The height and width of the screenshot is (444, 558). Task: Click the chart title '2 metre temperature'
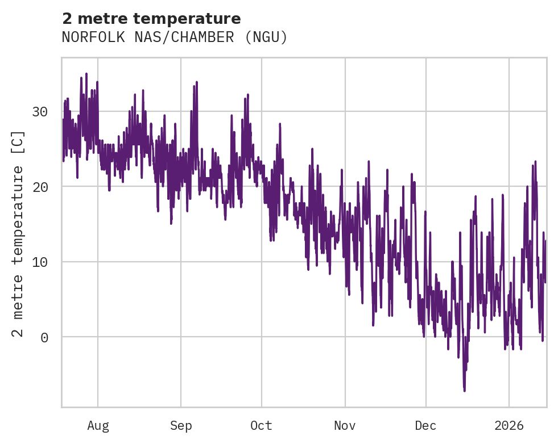pyautogui.click(x=151, y=19)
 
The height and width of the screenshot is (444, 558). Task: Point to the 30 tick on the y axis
pyautogui.click(x=40, y=112)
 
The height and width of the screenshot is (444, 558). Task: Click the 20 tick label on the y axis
pyautogui.click(x=40, y=187)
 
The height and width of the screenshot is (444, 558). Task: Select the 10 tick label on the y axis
pyautogui.click(x=40, y=262)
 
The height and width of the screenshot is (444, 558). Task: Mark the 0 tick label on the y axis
pyautogui.click(x=44, y=337)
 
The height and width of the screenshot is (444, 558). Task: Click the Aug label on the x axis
pyautogui.click(x=98, y=426)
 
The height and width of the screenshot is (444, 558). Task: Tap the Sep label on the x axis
pyautogui.click(x=181, y=426)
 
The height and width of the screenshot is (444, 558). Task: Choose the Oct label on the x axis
pyautogui.click(x=262, y=426)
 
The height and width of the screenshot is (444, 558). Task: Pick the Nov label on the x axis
pyautogui.click(x=345, y=426)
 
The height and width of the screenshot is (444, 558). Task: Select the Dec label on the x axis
pyautogui.click(x=425, y=426)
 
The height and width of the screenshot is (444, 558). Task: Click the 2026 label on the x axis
pyautogui.click(x=509, y=426)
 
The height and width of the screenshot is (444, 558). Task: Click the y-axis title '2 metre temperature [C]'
pyautogui.click(x=19, y=233)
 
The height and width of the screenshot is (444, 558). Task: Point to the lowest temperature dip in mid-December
pyautogui.click(x=464, y=390)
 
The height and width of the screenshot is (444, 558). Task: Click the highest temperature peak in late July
pyautogui.click(x=86, y=74)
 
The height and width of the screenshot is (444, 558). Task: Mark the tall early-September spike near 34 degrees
pyautogui.click(x=196, y=82)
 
